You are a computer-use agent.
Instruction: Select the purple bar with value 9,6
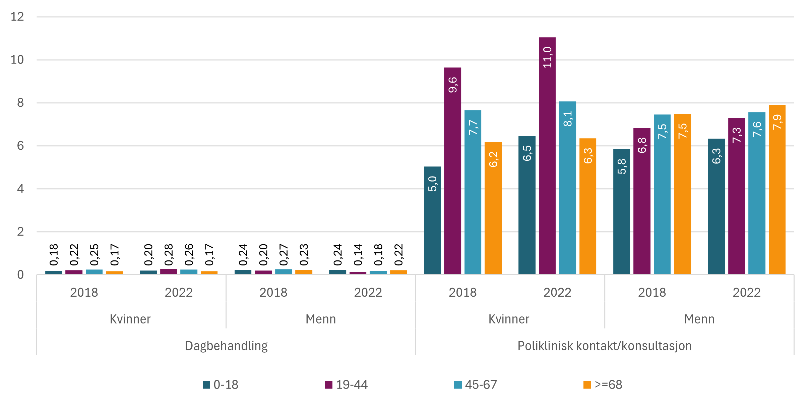(x=452, y=171)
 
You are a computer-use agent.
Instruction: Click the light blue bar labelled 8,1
(x=567, y=188)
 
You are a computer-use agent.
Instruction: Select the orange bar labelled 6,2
(x=493, y=208)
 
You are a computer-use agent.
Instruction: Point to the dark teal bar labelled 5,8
(x=621, y=212)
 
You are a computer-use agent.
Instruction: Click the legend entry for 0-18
(x=221, y=385)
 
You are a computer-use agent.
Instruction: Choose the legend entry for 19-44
(x=347, y=385)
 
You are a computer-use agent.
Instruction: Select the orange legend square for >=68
(x=587, y=385)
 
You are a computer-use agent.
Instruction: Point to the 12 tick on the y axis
(x=17, y=17)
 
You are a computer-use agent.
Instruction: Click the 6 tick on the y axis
(x=20, y=146)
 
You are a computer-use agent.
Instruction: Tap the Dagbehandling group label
(x=226, y=346)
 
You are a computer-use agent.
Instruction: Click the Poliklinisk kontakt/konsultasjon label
(x=604, y=346)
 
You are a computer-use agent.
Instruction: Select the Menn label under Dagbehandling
(x=321, y=319)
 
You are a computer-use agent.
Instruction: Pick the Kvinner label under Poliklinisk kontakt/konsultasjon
(x=509, y=319)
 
